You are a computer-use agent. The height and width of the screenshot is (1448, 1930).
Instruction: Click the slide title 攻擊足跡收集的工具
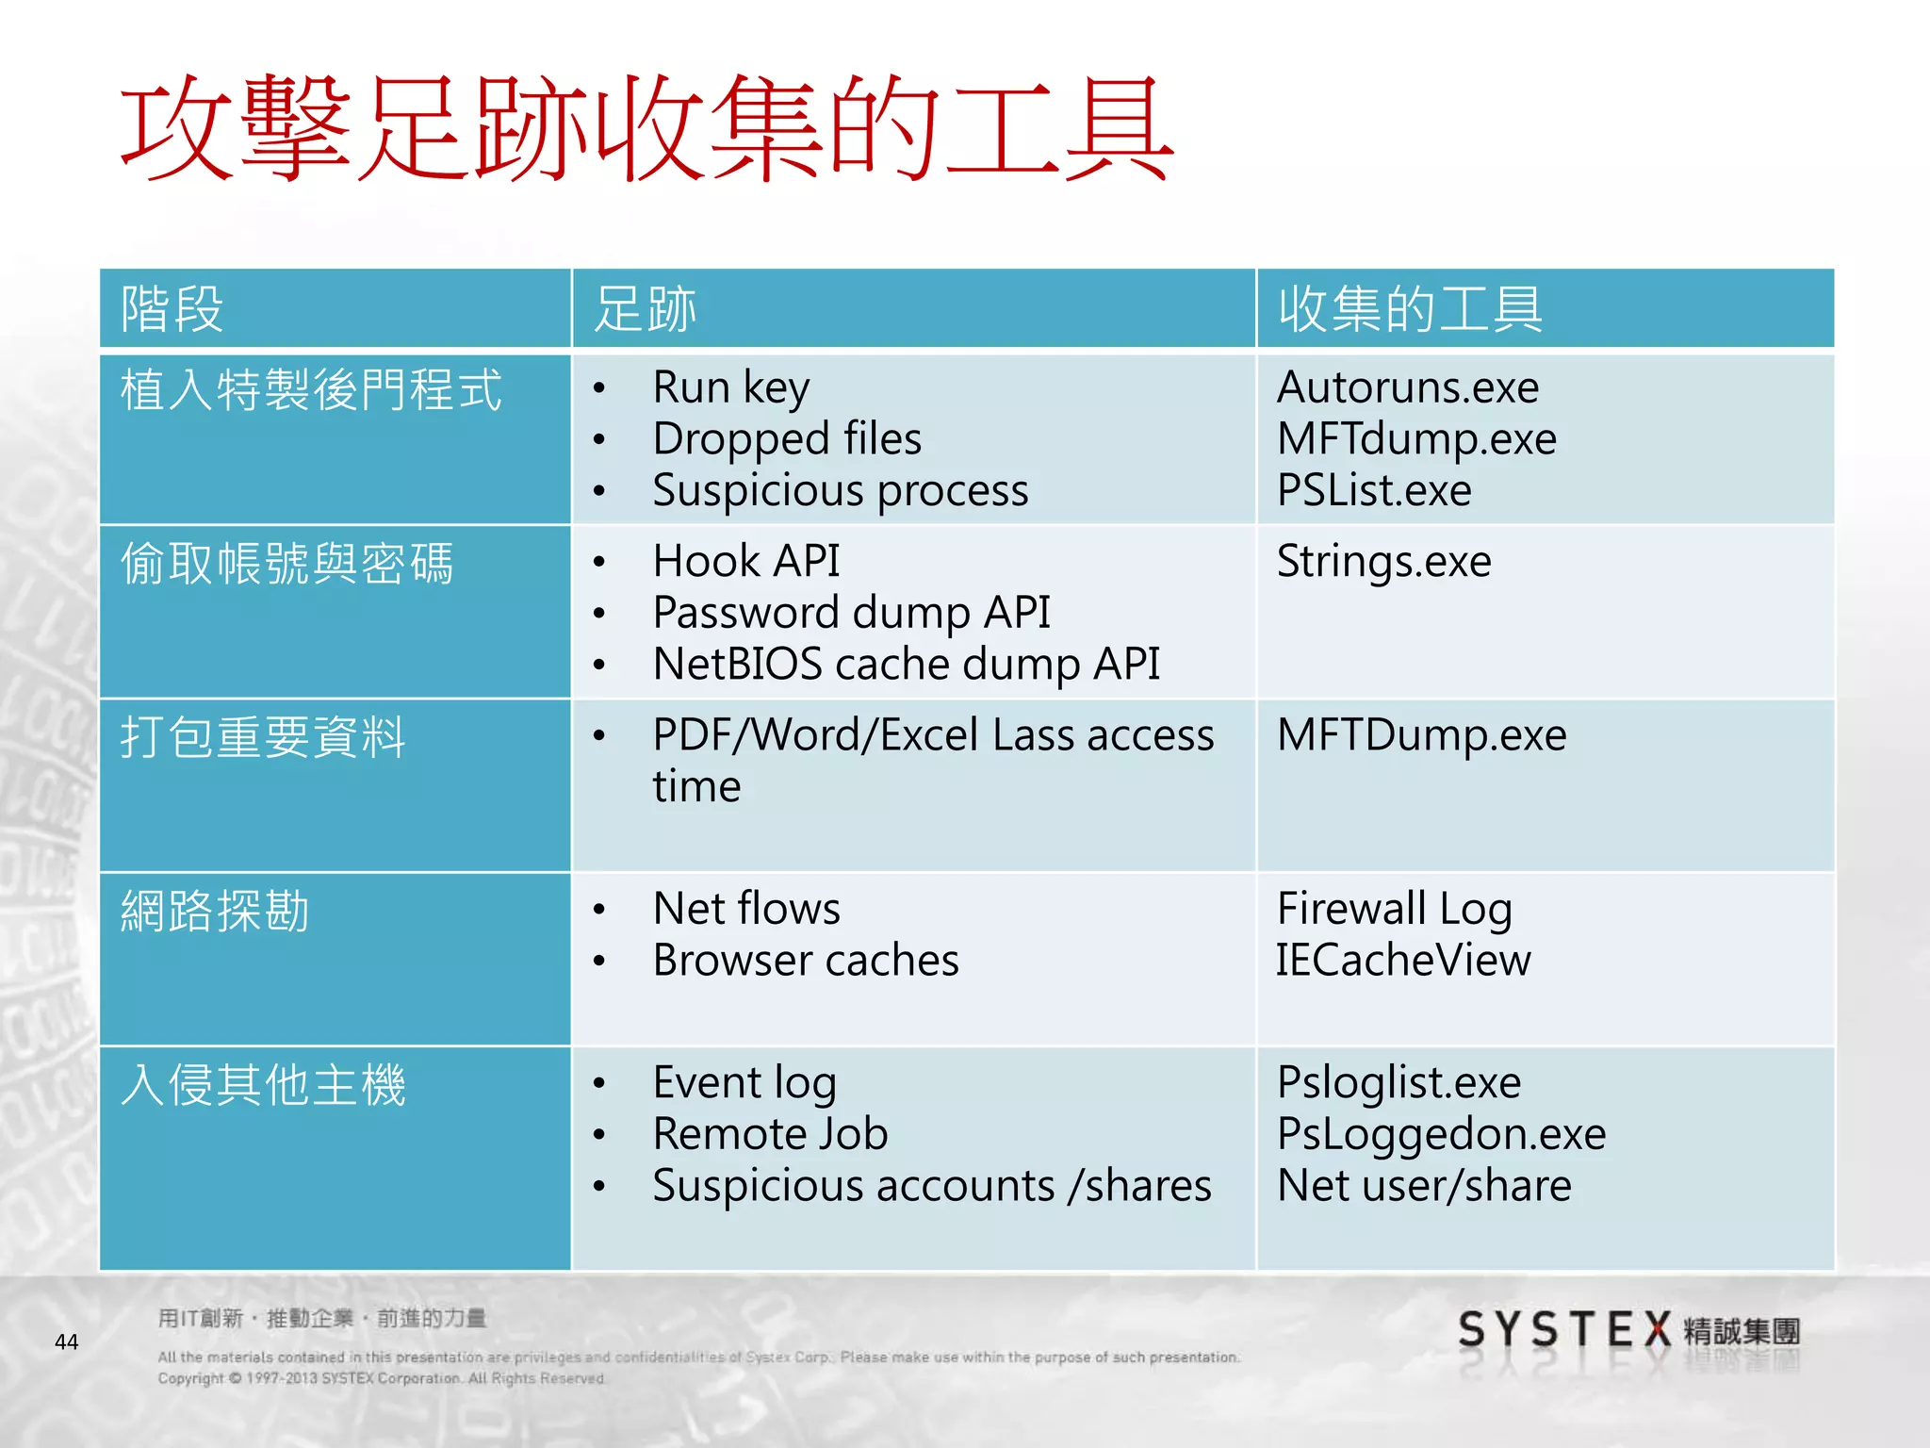pos(646,129)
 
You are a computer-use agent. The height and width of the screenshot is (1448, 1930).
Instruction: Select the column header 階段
pos(172,309)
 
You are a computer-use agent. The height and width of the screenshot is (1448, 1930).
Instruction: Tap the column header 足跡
pos(646,309)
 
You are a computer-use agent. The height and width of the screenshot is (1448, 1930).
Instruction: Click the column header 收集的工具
pos(1410,309)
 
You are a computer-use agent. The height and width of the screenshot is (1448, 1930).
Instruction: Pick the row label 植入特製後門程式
pos(311,389)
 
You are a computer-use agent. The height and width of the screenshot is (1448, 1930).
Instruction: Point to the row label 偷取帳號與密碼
pos(286,564)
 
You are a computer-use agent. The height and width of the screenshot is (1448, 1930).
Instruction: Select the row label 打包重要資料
pos(263,737)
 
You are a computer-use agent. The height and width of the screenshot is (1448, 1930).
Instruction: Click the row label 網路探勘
pos(215,912)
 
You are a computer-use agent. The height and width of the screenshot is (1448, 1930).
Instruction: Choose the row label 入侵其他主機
pos(263,1085)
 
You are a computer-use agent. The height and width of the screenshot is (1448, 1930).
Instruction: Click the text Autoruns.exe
pos(1407,387)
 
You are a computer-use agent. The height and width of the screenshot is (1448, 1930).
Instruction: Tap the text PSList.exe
pos(1373,490)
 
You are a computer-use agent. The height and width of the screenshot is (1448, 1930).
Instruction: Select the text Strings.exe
pos(1383,562)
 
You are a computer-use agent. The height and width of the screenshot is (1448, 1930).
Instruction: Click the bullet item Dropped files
pos(787,439)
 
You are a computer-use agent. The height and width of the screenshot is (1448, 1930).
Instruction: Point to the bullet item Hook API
pos(745,562)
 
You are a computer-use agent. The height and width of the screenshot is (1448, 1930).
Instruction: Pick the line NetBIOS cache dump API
pos(906,665)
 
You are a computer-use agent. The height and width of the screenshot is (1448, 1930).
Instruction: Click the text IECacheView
pos(1403,961)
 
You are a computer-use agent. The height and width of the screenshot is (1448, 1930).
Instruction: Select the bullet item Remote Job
pos(770,1134)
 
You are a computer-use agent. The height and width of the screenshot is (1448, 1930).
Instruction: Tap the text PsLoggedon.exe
pos(1441,1134)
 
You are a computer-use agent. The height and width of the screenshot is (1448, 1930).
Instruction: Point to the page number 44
pos(67,1341)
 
